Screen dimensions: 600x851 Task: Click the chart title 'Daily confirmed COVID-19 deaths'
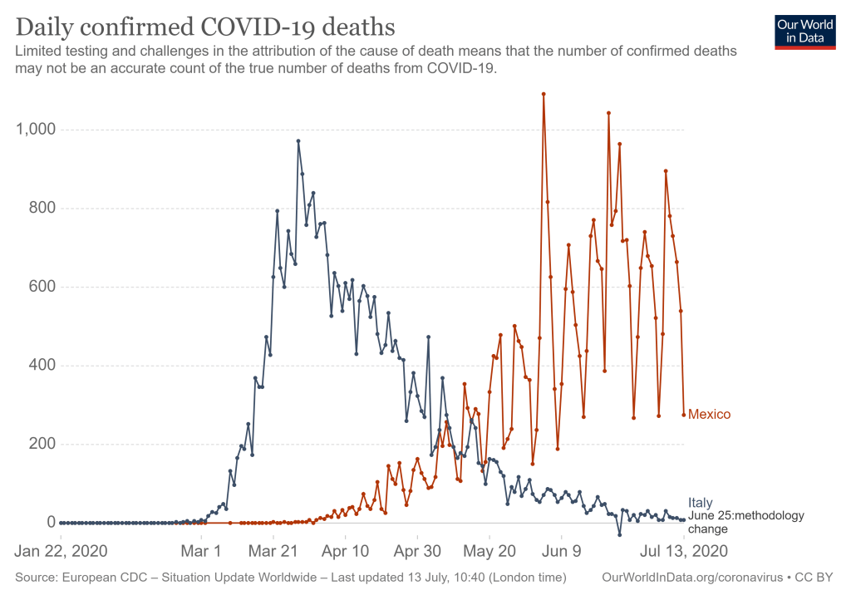pos(204,26)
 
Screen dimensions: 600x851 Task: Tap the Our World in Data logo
pos(805,32)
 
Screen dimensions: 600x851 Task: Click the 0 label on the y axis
pos(51,522)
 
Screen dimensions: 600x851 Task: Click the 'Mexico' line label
pos(709,415)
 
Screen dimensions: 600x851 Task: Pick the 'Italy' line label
pos(700,502)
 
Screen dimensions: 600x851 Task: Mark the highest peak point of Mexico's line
pos(544,94)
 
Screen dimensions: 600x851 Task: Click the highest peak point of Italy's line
pos(298,141)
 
